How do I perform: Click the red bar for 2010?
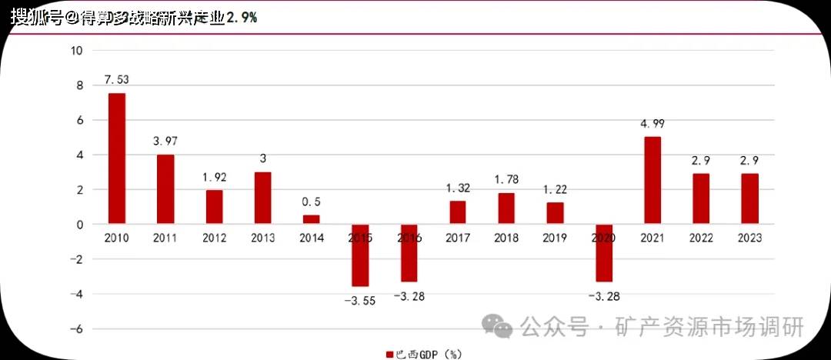tap(117, 158)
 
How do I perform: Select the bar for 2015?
tap(360, 255)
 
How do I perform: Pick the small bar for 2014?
tap(311, 219)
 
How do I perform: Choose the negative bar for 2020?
tap(603, 252)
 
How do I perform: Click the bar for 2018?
tap(506, 208)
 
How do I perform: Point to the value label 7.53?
tap(117, 79)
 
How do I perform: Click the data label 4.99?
tap(652, 123)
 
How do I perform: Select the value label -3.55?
tap(359, 300)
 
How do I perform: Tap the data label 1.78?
tap(506, 180)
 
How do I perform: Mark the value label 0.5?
tap(311, 202)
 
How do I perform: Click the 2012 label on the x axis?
tap(214, 238)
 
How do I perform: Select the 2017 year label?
tap(457, 238)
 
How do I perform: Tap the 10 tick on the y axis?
tap(75, 51)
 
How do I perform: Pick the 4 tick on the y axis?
tap(78, 155)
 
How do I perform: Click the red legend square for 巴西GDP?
tap(389, 354)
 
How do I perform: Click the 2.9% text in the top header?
tap(242, 17)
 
